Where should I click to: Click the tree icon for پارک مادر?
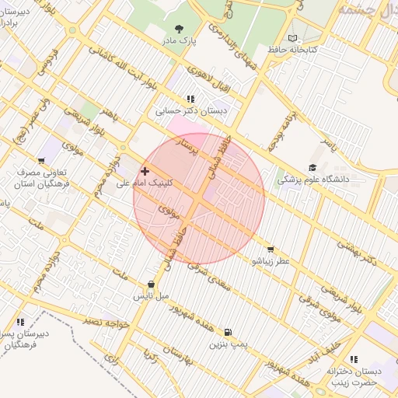pyautogui.click(x=181, y=29)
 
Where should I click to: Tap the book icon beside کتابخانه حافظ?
pyautogui.click(x=292, y=38)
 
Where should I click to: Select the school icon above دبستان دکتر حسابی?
pyautogui.click(x=190, y=99)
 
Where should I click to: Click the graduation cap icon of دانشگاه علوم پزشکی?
pyautogui.click(x=312, y=167)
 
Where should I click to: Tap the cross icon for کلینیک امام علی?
pyautogui.click(x=145, y=171)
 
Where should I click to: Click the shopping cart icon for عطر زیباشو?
pyautogui.click(x=270, y=250)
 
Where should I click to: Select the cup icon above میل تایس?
pyautogui.click(x=151, y=285)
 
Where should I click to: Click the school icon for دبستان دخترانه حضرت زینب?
pyautogui.click(x=354, y=359)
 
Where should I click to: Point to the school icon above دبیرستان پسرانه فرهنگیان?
pyautogui.click(x=20, y=321)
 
